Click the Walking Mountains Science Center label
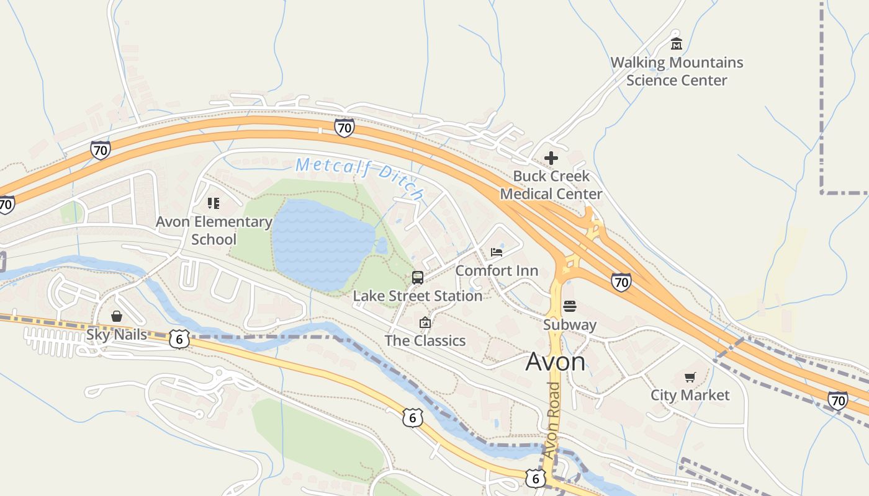coord(677,71)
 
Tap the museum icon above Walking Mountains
coord(677,43)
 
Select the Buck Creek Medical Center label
coord(551,185)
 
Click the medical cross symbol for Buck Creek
coord(551,158)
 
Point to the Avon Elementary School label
coord(214,230)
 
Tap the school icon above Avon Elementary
coord(214,203)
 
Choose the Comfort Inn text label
coord(497,271)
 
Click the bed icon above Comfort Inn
coord(497,252)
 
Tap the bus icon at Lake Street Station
coord(418,277)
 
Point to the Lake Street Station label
coord(418,296)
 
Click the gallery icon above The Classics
coord(425,322)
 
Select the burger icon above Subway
coord(570,306)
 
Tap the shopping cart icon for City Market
coord(690,377)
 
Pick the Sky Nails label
coord(117,335)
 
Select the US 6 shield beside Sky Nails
coord(179,339)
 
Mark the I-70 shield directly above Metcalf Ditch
coord(344,128)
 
